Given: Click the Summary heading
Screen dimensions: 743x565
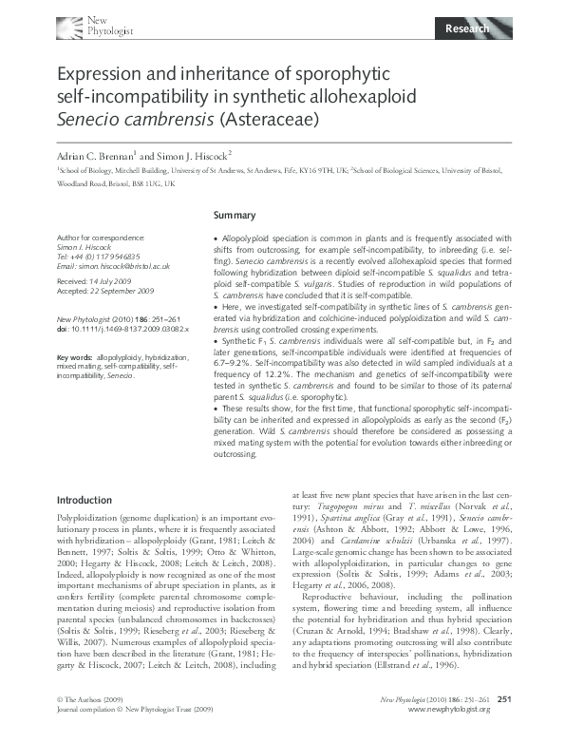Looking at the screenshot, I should click(x=234, y=216).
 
